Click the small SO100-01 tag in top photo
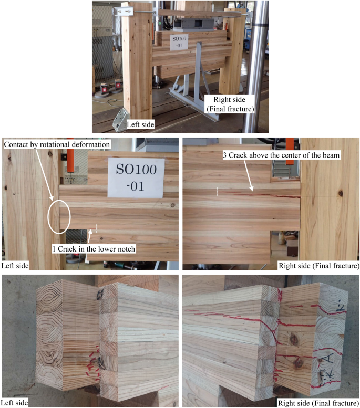tap(179, 41)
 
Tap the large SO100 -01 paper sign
tap(136, 177)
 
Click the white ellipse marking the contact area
tap(59, 217)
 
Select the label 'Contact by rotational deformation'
tap(57, 144)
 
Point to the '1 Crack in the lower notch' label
tap(94, 249)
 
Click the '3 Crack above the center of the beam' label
tap(281, 155)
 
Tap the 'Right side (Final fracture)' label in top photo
tap(230, 104)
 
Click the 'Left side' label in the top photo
tap(140, 124)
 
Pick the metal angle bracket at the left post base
tap(120, 119)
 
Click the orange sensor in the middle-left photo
tap(70, 155)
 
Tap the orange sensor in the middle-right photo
tap(290, 151)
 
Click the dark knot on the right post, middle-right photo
tap(340, 193)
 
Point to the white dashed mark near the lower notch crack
tap(97, 228)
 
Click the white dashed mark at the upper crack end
tap(218, 191)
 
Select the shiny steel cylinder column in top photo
tap(254, 67)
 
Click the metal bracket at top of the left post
tap(124, 11)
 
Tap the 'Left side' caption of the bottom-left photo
tap(15, 403)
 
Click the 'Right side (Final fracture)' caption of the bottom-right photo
tap(318, 403)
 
